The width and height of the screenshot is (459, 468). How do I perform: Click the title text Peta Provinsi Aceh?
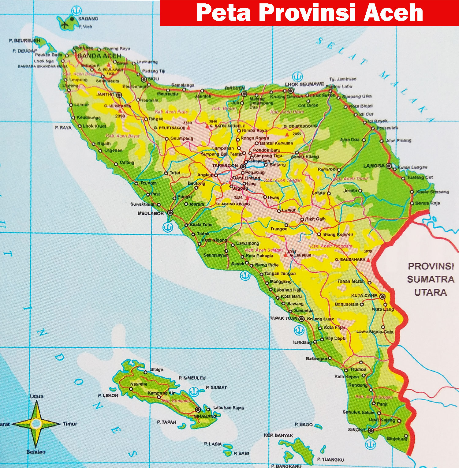pyautogui.click(x=309, y=13)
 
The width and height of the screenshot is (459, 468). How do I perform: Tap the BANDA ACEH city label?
pyautogui.click(x=99, y=56)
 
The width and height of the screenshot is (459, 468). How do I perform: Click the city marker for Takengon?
pyautogui.click(x=243, y=167)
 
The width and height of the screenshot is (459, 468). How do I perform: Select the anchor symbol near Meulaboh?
pyautogui.click(x=167, y=227)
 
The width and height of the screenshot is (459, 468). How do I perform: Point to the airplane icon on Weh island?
pyautogui.click(x=65, y=24)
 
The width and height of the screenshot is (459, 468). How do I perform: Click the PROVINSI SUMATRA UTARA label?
pyautogui.click(x=430, y=279)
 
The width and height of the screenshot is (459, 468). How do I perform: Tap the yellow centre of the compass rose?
pyautogui.click(x=36, y=424)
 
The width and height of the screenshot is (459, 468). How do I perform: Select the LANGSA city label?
pyautogui.click(x=374, y=166)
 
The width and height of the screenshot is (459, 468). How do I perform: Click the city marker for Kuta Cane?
pyautogui.click(x=382, y=296)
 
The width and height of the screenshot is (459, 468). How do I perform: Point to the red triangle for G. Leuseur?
pyautogui.click(x=285, y=255)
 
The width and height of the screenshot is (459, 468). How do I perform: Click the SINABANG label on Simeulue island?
pyautogui.click(x=205, y=416)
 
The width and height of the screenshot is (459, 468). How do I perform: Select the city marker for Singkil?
pyautogui.click(x=371, y=431)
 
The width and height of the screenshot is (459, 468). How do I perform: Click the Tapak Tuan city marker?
pyautogui.click(x=301, y=319)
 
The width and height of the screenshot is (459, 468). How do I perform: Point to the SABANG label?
pyautogui.click(x=88, y=19)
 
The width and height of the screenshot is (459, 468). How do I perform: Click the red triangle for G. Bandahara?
pyautogui.click(x=368, y=260)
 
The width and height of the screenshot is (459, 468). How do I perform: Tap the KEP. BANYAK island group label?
pyautogui.click(x=278, y=435)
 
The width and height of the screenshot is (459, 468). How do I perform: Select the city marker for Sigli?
pyautogui.click(x=144, y=79)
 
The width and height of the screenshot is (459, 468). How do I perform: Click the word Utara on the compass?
pyautogui.click(x=37, y=396)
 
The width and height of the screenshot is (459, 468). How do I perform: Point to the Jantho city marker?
pyautogui.click(x=119, y=95)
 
